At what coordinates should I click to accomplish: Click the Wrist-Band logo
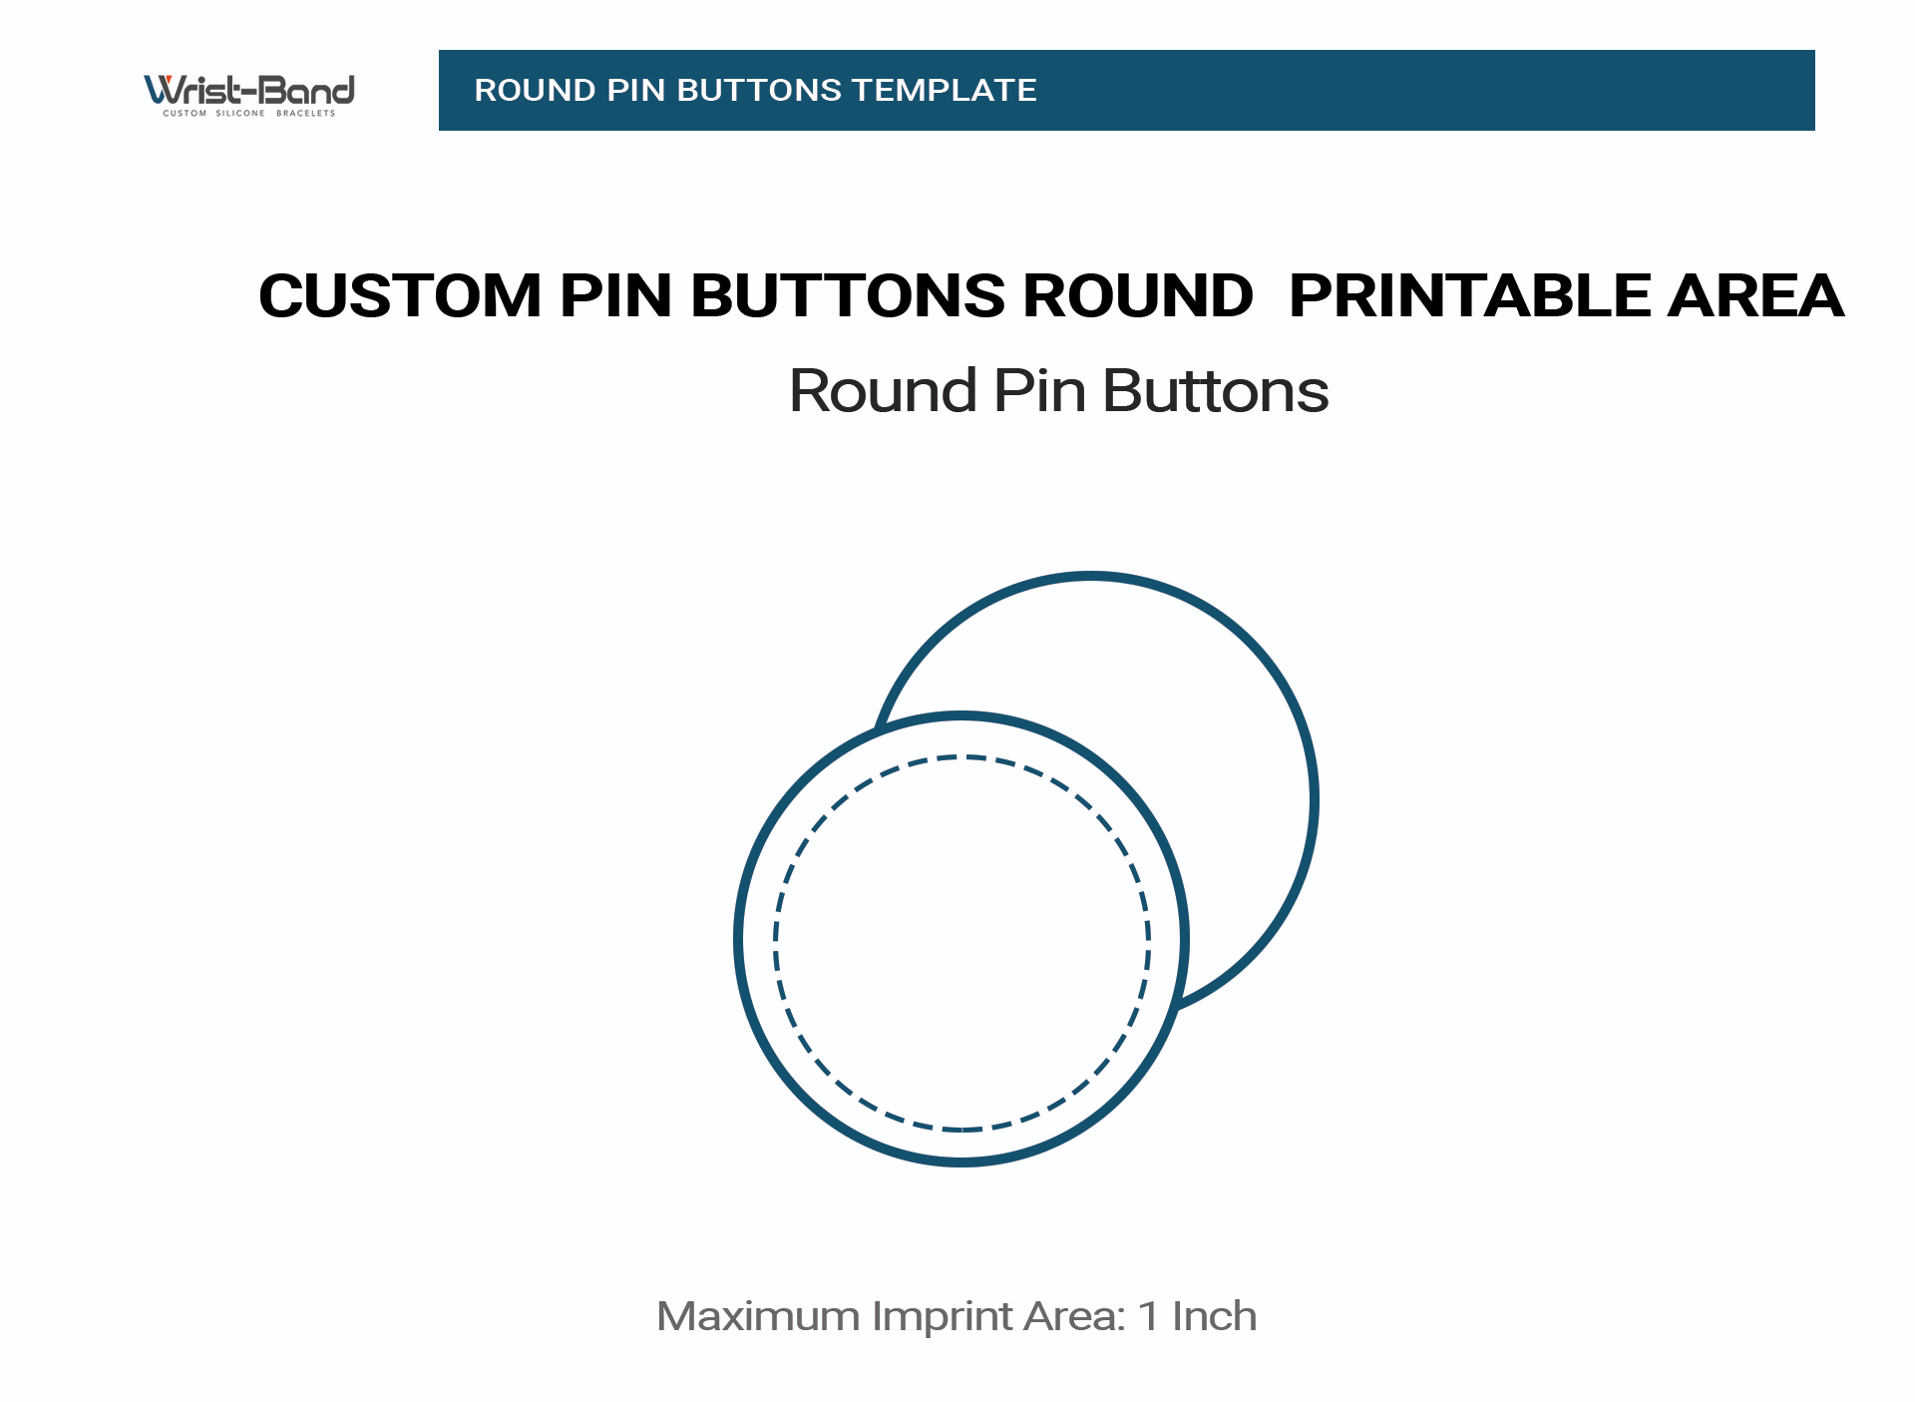[x=249, y=95]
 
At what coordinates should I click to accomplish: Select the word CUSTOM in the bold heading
[x=400, y=295]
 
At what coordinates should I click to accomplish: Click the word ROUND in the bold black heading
[x=1138, y=295]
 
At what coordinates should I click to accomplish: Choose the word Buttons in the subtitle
[x=1216, y=390]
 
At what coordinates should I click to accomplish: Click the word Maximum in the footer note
[x=758, y=1316]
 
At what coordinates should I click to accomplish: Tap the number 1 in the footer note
[x=1149, y=1316]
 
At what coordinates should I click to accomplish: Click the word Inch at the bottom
[x=1214, y=1316]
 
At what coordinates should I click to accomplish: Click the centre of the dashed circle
[x=962, y=943]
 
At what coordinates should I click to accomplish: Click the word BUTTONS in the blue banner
[x=760, y=90]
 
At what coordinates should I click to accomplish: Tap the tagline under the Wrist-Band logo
[x=249, y=113]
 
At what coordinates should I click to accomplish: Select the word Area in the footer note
[x=1075, y=1316]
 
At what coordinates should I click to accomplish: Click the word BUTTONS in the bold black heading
[x=848, y=295]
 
